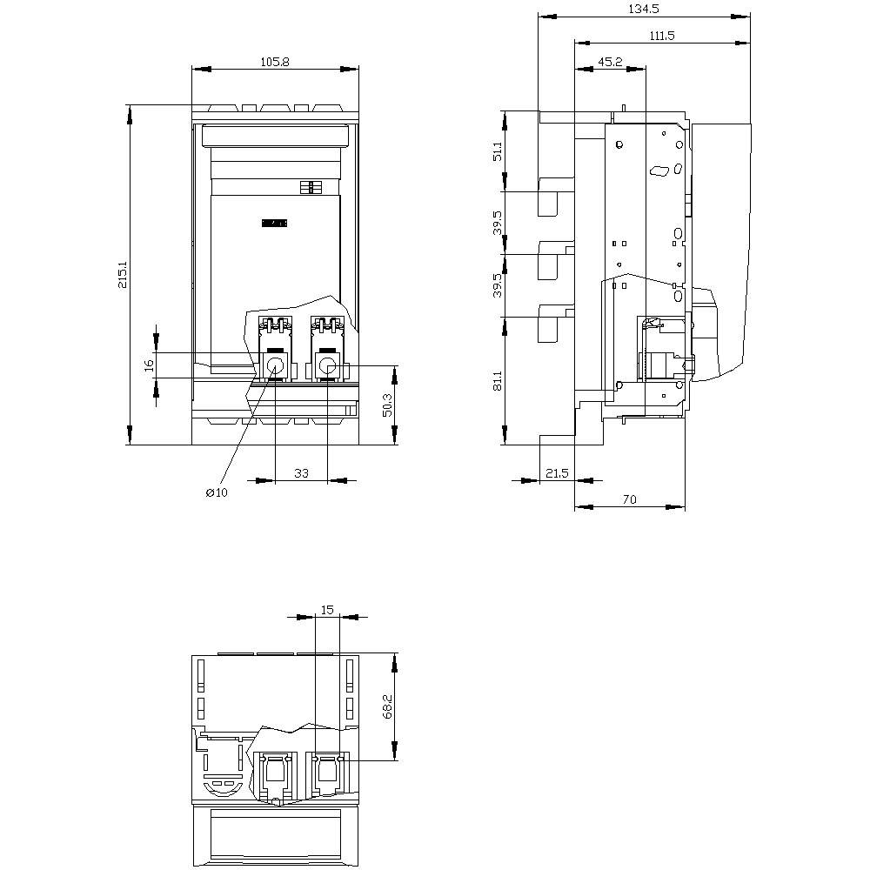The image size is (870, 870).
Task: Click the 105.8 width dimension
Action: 275,62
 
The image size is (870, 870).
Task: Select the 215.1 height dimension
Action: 123,275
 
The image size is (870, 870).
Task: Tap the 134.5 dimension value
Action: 644,9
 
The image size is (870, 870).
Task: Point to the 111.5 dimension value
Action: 662,36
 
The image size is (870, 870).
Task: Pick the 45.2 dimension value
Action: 611,62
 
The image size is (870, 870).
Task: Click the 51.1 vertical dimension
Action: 498,151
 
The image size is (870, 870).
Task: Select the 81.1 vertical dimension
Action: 498,381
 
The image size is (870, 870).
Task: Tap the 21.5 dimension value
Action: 557,472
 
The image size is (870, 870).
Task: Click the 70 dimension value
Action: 629,499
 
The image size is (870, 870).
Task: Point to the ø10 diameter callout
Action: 217,492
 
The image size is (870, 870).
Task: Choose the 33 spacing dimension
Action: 301,472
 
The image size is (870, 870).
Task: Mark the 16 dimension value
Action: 149,365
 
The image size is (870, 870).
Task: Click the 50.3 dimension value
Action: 387,405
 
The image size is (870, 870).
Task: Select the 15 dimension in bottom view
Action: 327,610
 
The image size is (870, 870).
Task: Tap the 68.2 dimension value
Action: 387,706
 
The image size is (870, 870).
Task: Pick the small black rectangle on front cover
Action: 274,223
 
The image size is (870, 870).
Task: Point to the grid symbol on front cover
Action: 311,188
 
